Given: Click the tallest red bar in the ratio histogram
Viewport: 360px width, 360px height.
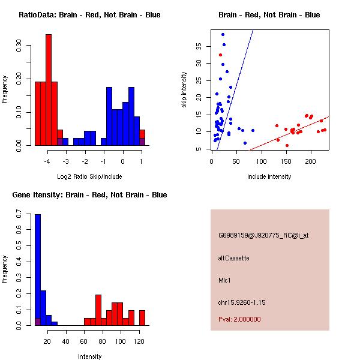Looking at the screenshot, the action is coord(49,90).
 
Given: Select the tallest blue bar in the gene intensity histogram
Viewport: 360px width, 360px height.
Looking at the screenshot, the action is coord(38,270).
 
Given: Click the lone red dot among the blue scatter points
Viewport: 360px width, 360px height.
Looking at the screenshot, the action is coord(220,55).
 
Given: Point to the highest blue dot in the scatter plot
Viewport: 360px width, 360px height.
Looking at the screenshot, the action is coord(223,34).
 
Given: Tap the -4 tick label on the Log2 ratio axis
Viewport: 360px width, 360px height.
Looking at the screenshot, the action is coord(47,161).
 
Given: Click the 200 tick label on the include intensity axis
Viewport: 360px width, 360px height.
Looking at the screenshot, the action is coord(311,161).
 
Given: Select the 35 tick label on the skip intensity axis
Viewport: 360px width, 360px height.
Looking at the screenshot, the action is coord(199,46).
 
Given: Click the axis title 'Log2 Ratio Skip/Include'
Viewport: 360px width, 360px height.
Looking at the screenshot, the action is coord(89,176).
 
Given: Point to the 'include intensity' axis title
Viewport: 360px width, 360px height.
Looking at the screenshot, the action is coord(269,176).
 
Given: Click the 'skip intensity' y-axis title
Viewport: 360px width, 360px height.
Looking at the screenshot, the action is coord(184,89).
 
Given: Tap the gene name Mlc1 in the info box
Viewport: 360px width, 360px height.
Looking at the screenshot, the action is coord(224,280).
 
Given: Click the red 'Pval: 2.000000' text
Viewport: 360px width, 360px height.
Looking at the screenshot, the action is coord(239,319).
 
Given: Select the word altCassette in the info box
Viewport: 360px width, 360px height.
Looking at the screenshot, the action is coord(234,258).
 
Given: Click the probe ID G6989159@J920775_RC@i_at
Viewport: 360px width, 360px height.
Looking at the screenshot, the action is coord(263,236).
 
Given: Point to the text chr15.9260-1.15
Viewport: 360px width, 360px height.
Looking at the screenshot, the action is coord(242,302).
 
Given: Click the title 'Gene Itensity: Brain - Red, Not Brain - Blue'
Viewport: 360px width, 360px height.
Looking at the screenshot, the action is coord(89,195).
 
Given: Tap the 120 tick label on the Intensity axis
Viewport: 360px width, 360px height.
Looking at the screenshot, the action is coord(139,341).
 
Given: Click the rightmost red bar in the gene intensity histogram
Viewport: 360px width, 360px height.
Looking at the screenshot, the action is coord(142,318).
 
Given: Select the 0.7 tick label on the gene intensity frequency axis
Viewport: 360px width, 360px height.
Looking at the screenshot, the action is coord(19,214).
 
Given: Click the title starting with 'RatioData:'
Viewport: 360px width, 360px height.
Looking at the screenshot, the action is coord(89,15).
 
